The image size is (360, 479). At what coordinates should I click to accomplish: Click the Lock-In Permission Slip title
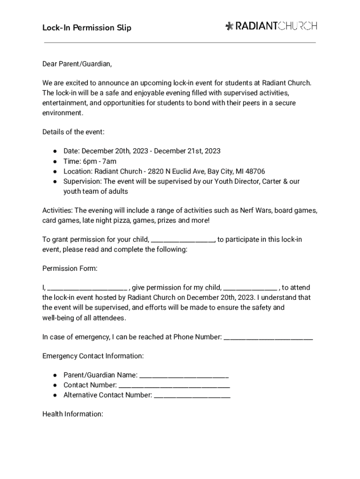[x=86, y=28]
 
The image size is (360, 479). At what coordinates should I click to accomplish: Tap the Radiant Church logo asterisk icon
[x=229, y=26]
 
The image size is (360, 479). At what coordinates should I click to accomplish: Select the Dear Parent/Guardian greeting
[x=77, y=64]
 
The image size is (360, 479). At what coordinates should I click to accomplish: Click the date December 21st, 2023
[x=187, y=151]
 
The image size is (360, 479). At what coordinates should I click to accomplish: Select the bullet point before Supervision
[x=55, y=181]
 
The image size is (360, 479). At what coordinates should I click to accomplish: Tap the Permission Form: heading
[x=70, y=269]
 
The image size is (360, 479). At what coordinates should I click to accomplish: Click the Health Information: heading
[x=72, y=414]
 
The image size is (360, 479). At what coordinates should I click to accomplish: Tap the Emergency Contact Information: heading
[x=93, y=356]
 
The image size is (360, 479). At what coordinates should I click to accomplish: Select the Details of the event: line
[x=73, y=132]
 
